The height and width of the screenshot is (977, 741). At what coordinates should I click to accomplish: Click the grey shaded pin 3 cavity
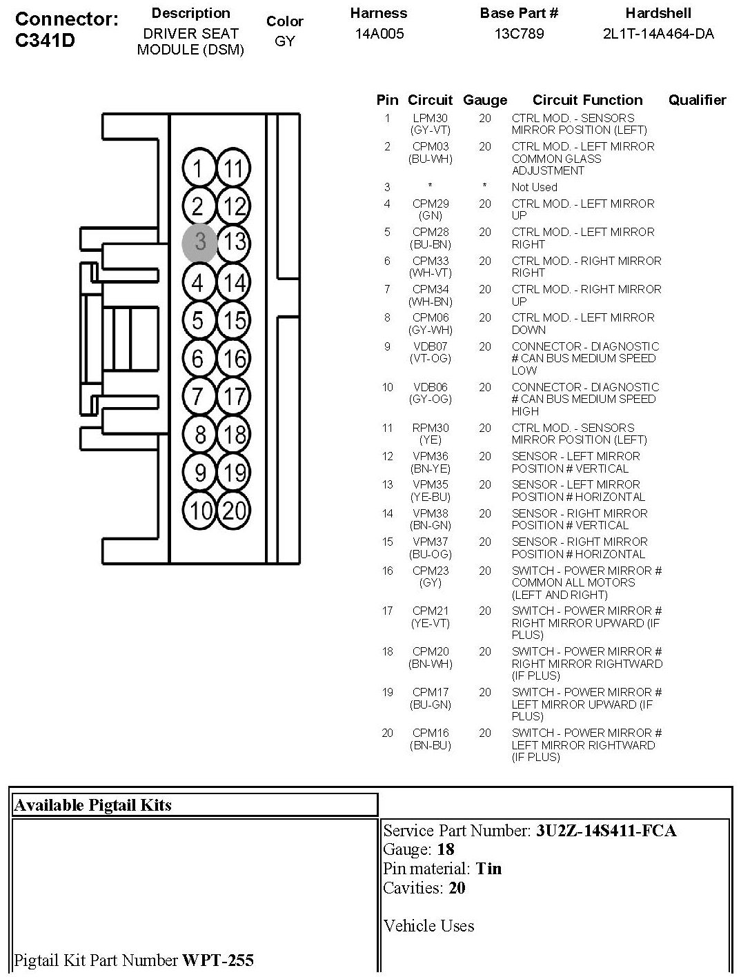pos(199,242)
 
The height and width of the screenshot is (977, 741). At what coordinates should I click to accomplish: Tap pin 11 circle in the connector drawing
pos(234,169)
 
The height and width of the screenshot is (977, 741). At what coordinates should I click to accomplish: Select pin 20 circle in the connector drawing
pos(234,511)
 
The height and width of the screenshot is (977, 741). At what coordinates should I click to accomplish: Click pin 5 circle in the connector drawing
pos(199,321)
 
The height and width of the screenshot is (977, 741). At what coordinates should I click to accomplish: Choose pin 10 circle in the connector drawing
pos(199,511)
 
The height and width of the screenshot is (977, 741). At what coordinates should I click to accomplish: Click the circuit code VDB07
pos(430,346)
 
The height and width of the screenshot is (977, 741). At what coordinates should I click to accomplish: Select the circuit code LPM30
pos(430,118)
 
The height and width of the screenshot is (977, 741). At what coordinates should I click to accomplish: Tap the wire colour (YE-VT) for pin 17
pos(430,623)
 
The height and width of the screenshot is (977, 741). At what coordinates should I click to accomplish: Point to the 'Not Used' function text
pos(534,187)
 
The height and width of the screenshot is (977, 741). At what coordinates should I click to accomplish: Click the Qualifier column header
pos(697,100)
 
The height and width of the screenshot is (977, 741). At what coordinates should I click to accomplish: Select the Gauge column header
pos(485,100)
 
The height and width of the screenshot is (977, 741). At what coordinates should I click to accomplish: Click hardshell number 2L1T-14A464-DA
pos(658,34)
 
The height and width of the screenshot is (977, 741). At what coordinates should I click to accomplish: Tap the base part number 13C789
pos(519,34)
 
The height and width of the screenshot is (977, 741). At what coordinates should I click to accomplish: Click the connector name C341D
pos(45,41)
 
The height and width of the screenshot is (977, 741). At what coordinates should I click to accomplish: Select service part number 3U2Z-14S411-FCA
pos(606,831)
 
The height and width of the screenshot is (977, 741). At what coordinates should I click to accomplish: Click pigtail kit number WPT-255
pos(217,960)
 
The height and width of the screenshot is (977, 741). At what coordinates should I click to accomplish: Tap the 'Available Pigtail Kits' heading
pos(92,805)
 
